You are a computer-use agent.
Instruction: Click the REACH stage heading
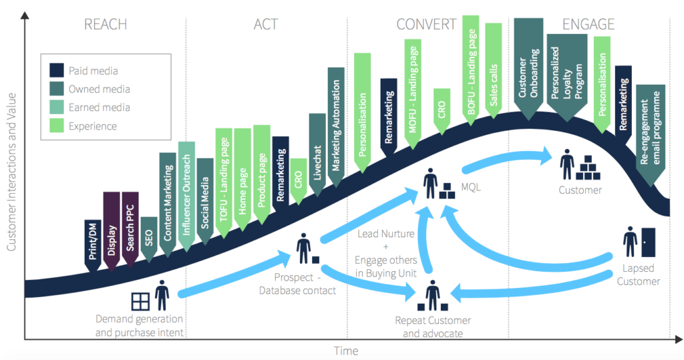point(106,25)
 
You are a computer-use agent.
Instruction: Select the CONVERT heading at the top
point(426,25)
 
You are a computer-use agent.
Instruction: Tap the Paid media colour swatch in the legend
point(57,70)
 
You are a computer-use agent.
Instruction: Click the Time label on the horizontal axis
point(346,351)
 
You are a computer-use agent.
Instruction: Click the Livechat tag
point(317,152)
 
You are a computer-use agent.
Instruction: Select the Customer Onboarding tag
point(527,67)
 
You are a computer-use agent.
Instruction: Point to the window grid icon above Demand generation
point(140,301)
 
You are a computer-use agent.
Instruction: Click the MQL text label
point(472,188)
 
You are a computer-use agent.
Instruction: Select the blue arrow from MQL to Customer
point(508,158)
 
